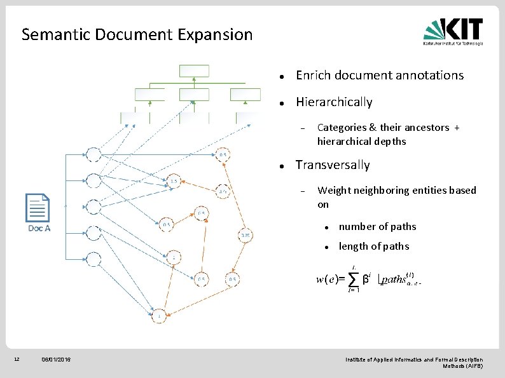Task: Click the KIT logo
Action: (453, 31)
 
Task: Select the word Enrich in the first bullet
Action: (312, 76)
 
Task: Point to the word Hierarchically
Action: (334, 102)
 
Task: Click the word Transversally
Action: (333, 165)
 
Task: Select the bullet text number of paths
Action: (378, 227)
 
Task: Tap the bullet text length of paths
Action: (374, 246)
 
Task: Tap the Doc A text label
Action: (39, 228)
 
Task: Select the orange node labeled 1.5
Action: (173, 181)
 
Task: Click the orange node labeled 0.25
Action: (246, 236)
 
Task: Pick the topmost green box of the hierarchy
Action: (190, 70)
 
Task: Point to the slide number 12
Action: (17, 360)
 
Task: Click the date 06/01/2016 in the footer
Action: (57, 360)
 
